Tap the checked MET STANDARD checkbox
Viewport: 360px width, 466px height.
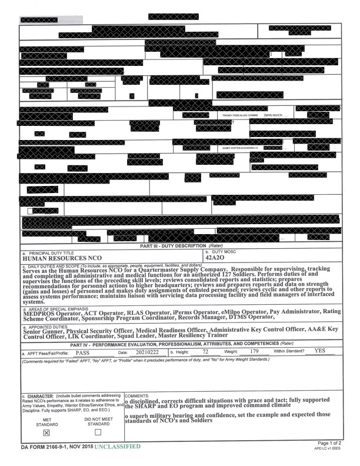[47, 432]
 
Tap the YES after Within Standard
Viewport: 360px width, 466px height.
[320, 351]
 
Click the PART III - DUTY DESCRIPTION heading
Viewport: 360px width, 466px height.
[179, 245]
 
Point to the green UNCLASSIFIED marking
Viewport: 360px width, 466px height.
[118, 447]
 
